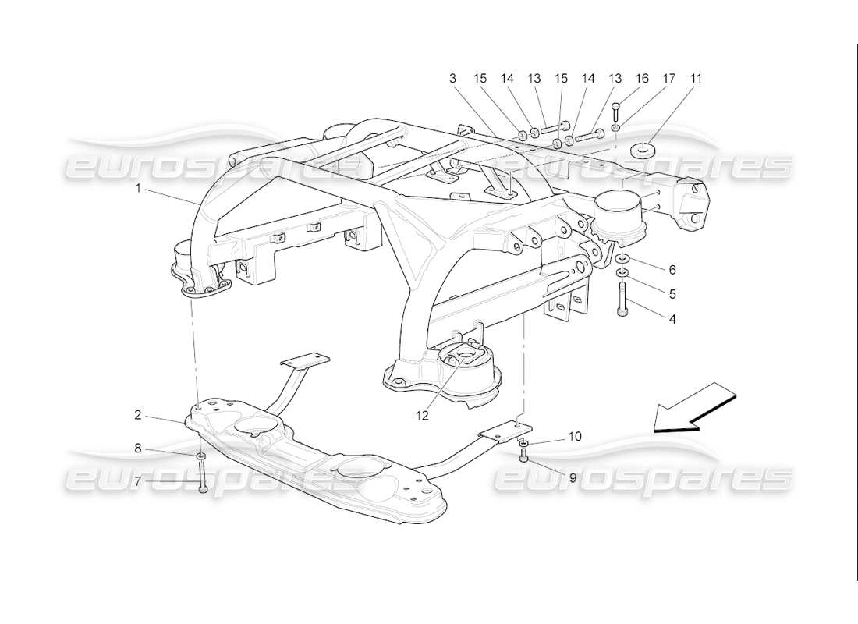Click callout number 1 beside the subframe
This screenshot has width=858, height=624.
pyautogui.click(x=139, y=188)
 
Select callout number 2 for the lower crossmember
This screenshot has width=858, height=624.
pyautogui.click(x=137, y=415)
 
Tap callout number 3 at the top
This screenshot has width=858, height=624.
pyautogui.click(x=452, y=78)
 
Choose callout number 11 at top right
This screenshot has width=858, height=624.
pyautogui.click(x=695, y=78)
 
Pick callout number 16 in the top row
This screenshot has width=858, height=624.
pyautogui.click(x=642, y=78)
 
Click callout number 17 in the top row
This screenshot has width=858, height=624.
pyautogui.click(x=668, y=78)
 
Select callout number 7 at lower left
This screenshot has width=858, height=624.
pyautogui.click(x=137, y=481)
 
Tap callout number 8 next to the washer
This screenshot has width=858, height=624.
pyautogui.click(x=137, y=448)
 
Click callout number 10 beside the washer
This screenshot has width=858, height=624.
pyautogui.click(x=574, y=437)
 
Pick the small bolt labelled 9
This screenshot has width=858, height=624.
pyautogui.click(x=524, y=456)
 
